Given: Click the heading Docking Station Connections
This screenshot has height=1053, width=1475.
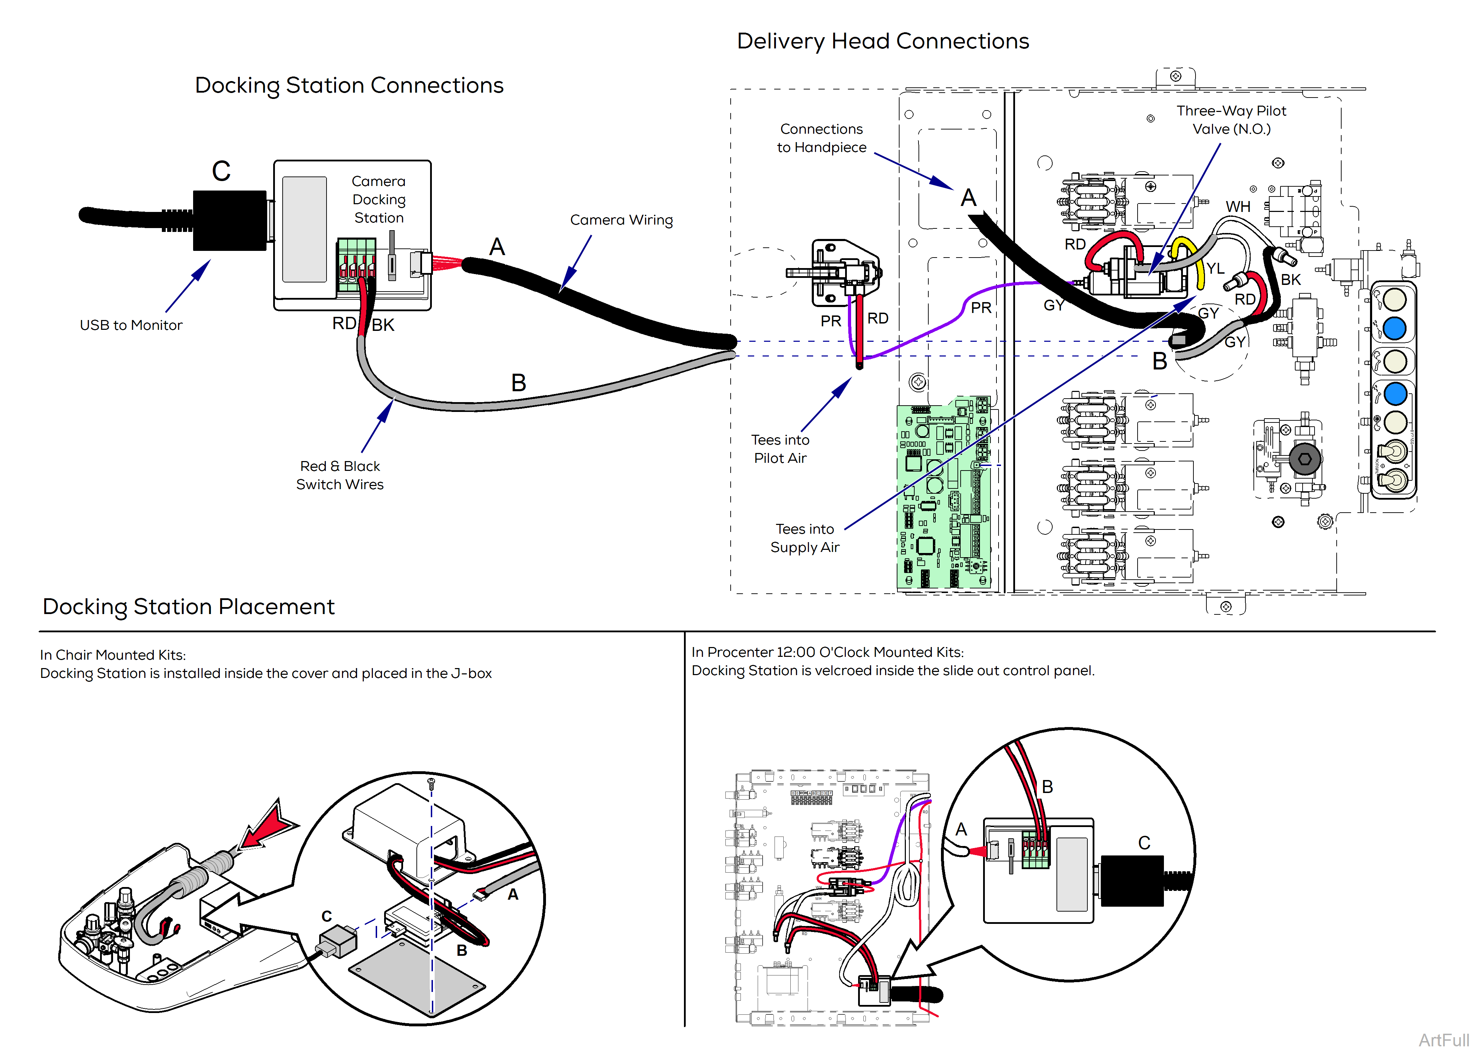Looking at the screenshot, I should coord(349,86).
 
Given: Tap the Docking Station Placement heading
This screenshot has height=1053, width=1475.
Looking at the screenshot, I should coord(188,606).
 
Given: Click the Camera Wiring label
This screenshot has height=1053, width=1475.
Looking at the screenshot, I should coord(621,220).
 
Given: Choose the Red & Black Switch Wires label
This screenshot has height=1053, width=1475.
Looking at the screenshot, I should coord(340,475).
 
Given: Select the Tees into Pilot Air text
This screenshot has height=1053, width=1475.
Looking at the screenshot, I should coord(780,449).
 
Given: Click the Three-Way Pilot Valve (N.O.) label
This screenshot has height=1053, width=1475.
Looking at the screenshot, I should coord(1231,120).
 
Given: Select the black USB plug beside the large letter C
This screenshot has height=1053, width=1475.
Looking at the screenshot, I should coord(230,220).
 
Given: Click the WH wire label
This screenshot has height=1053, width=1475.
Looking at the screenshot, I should coord(1238,207).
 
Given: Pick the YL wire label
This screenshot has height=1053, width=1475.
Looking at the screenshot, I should coord(1215,268).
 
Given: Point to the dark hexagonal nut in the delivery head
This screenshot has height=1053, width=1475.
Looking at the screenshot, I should coord(1304,459).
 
